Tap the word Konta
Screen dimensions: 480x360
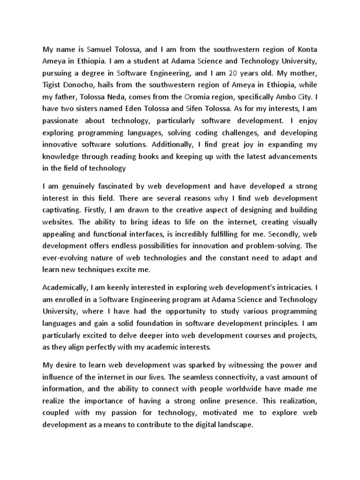306,49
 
